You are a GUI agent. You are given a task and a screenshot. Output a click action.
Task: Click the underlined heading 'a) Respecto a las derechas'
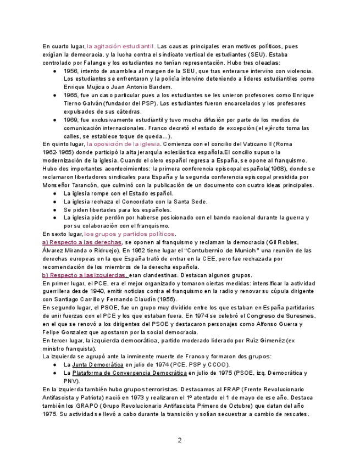[x=81, y=242]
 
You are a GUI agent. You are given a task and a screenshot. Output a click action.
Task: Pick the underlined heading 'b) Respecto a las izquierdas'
[x=85, y=275]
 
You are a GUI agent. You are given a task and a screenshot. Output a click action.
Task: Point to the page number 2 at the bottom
[x=180, y=440]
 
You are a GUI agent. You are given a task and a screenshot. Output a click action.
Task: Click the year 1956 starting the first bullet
[x=71, y=71]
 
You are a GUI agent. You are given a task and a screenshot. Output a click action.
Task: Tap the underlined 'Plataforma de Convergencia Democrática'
[x=130, y=373]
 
